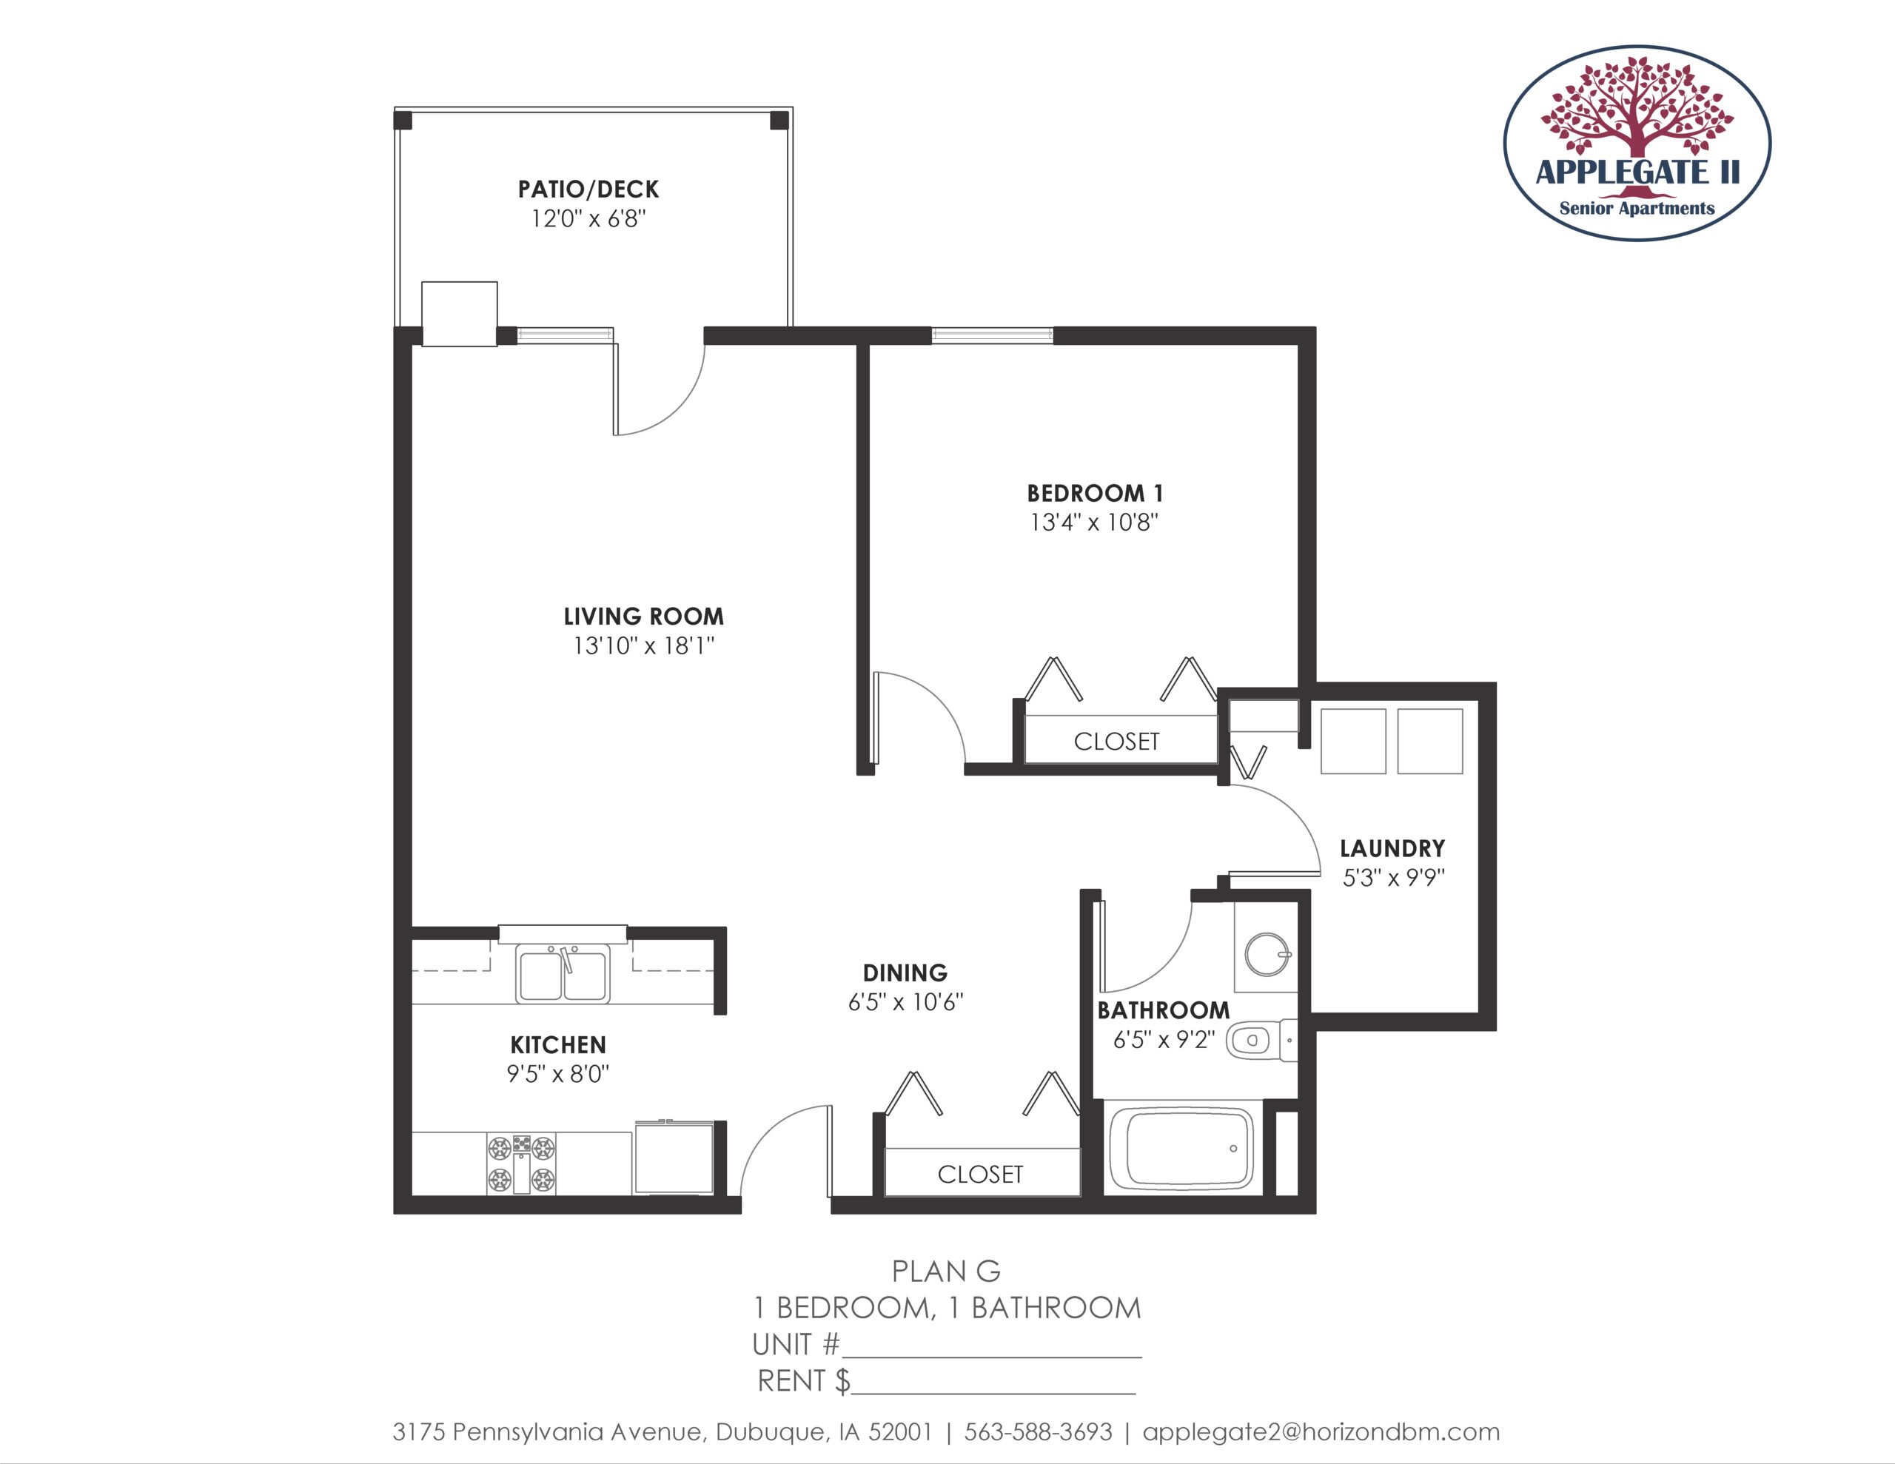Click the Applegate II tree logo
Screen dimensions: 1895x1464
coord(1637,143)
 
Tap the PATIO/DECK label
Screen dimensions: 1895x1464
coord(588,189)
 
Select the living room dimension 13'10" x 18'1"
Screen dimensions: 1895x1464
coord(644,645)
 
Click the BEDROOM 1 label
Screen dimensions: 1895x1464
coord(1095,494)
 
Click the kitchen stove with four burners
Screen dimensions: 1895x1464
coord(520,1164)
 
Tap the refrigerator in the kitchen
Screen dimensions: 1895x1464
coord(674,1158)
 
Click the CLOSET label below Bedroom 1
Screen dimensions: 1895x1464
coord(1117,742)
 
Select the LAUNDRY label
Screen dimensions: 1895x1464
coord(1392,849)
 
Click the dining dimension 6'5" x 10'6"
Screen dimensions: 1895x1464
coord(906,1002)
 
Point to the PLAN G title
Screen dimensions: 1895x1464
coord(947,1272)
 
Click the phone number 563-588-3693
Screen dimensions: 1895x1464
coord(1039,1432)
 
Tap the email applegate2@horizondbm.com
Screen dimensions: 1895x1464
coord(1321,1433)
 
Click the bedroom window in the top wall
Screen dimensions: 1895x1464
coord(993,335)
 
